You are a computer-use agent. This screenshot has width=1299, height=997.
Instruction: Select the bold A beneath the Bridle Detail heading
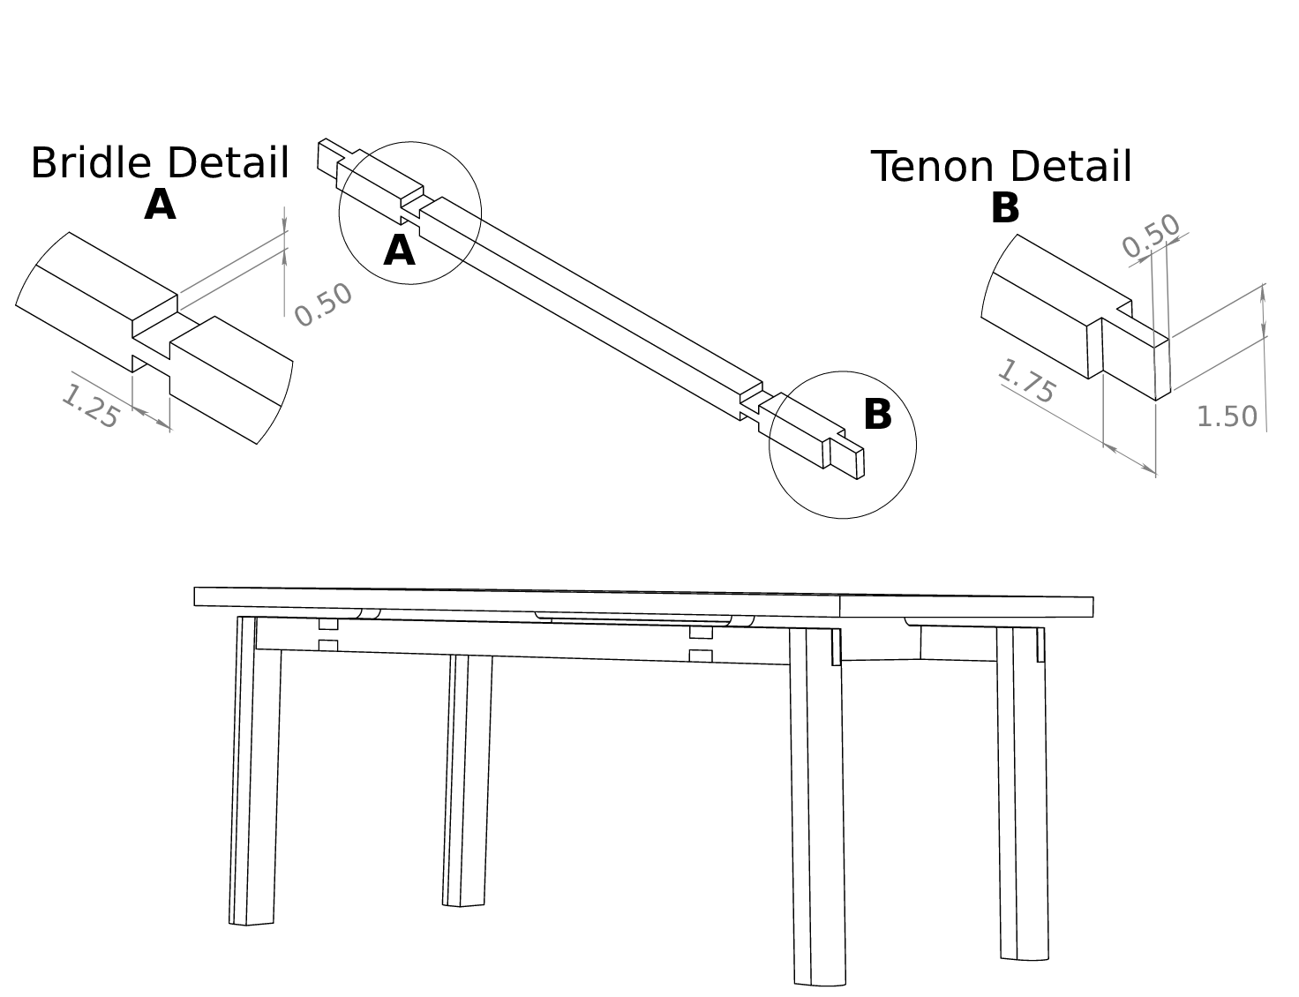coord(160,206)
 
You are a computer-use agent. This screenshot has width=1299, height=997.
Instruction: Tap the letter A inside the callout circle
coord(399,251)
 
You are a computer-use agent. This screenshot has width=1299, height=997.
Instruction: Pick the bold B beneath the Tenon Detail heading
coord(1005,209)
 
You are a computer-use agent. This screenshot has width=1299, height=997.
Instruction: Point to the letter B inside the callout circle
coord(877,416)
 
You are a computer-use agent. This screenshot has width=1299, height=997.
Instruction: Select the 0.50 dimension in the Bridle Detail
coord(323,305)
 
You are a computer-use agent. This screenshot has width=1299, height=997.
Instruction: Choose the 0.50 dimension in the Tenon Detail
coord(1151,236)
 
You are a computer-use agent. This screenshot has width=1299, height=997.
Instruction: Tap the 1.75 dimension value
coord(1026,381)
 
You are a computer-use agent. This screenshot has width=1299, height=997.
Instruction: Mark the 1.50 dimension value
coord(1226,416)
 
